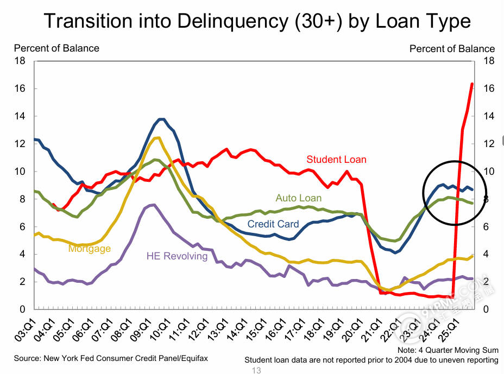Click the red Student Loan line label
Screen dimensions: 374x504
336,160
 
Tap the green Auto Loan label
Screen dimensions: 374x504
299,198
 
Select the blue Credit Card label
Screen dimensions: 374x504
273,224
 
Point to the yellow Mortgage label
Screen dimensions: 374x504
90,249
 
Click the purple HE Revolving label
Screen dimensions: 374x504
177,256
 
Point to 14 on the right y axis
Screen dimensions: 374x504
488,116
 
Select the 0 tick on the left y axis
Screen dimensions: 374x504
23,309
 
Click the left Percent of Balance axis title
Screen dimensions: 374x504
56,48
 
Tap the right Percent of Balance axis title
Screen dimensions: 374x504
452,49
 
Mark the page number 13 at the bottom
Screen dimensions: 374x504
256,370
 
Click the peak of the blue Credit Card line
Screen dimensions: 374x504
161,119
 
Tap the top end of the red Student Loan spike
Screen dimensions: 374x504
471,84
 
